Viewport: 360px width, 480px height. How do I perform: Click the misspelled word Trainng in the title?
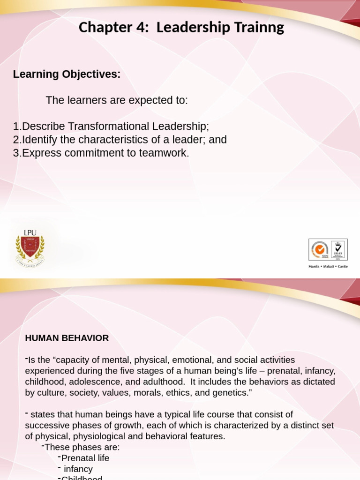tap(261, 28)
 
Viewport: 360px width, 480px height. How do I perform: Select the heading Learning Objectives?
tap(67, 74)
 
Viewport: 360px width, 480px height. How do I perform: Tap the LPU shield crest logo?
tap(30, 247)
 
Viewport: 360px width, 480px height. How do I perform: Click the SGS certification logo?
tap(320, 249)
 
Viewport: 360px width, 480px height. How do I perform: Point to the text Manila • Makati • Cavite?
tap(328, 266)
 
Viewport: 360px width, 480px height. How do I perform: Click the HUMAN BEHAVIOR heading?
tap(67, 338)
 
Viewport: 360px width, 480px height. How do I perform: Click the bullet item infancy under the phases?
tap(77, 469)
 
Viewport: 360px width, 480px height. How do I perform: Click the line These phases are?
tap(82, 447)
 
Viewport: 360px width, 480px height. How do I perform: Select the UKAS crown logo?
tap(338, 249)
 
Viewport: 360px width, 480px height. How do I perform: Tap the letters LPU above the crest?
tap(30, 232)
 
